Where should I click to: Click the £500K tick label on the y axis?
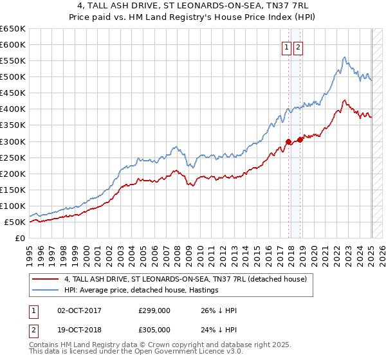tap(13, 77)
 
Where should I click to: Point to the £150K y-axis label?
tap(13, 190)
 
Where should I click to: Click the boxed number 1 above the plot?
tap(286, 46)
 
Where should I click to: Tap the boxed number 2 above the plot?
tap(299, 46)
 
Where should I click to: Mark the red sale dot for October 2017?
tap(288, 141)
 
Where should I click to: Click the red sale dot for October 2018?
tap(300, 139)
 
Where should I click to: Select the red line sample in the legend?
tap(44, 279)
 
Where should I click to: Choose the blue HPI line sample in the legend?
tap(44, 290)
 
